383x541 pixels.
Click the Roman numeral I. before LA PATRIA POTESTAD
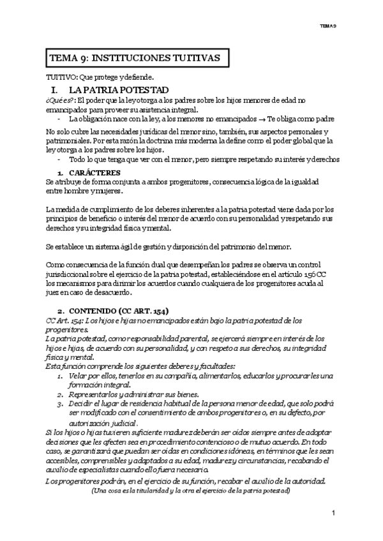pos(54,90)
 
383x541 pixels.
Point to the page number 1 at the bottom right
pos(334,514)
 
